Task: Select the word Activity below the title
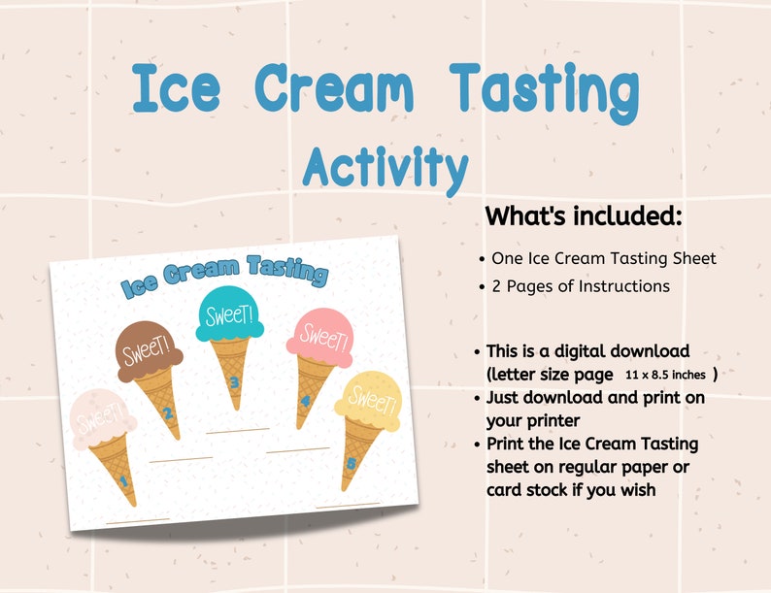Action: coord(385,167)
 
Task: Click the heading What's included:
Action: coord(584,215)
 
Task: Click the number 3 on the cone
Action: coord(234,380)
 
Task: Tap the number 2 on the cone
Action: coord(167,415)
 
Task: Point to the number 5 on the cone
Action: coord(351,463)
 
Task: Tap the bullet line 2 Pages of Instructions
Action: coord(580,286)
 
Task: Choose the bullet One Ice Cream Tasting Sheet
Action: coord(603,258)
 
